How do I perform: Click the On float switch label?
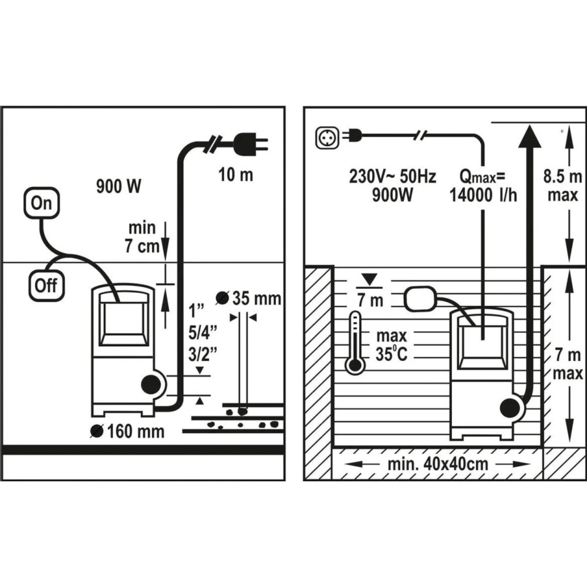42,203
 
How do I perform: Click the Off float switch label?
46,286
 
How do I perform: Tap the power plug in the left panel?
251,144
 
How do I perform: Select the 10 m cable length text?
236,175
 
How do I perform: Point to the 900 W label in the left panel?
119,186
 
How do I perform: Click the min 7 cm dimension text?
142,237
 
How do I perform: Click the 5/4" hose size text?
203,332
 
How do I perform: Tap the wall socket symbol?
327,138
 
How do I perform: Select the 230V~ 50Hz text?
392,176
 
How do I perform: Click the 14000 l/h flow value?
483,195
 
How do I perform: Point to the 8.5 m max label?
563,186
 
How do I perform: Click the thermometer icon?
355,343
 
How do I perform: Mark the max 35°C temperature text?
391,345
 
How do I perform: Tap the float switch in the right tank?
421,298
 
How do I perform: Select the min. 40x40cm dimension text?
438,464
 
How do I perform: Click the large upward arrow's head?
529,136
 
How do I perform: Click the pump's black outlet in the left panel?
150,384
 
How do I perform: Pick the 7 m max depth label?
568,364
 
